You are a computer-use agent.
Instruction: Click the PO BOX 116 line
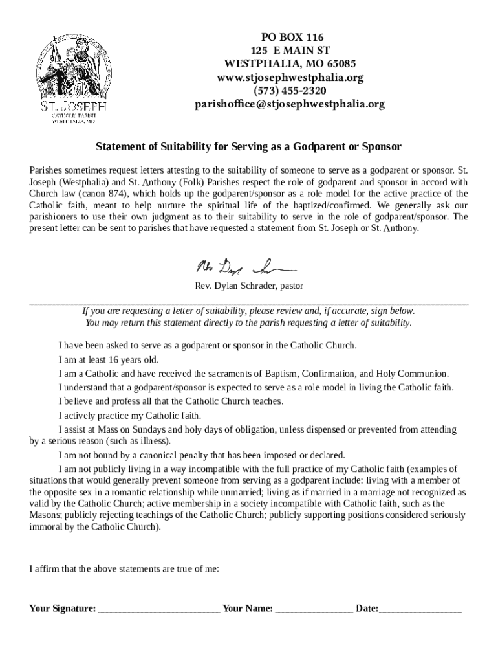pos(290,37)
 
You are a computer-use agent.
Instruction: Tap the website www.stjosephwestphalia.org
pos(290,77)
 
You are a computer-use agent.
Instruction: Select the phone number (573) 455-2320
pos(290,91)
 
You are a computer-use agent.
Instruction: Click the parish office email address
pos(290,104)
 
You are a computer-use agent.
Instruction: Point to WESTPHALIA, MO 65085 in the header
pos(290,64)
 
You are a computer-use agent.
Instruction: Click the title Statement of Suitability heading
pos(249,146)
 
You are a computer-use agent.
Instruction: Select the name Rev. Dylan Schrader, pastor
pos(249,286)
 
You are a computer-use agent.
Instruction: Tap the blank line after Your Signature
pos(159,609)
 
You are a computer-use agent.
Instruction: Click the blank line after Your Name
pos(314,609)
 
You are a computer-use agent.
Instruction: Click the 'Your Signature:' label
pos(63,609)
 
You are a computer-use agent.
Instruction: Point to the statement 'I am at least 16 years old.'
pos(108,360)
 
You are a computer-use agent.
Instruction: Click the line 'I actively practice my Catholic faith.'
pos(129,416)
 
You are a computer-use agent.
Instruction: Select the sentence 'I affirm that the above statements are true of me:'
pos(124,570)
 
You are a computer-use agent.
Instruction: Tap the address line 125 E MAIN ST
pos(290,51)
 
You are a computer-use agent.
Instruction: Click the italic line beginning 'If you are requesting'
pos(249,311)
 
